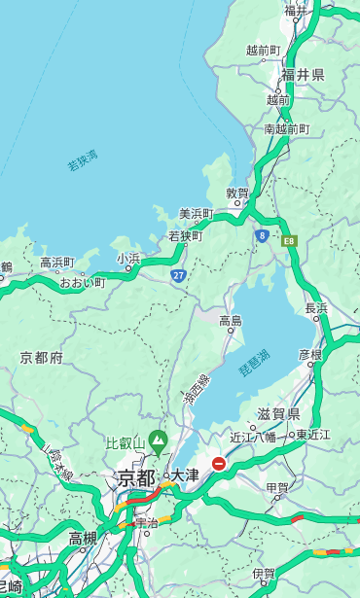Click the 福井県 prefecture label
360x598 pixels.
point(303,75)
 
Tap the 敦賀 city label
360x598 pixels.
point(238,193)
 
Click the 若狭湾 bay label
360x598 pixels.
point(83,160)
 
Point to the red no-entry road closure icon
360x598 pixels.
point(219,464)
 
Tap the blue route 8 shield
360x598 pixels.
point(262,235)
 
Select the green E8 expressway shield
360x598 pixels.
point(288,240)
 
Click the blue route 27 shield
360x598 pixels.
point(179,275)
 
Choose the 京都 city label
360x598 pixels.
point(136,477)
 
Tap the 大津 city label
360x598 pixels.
point(185,475)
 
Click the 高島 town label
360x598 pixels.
point(231,320)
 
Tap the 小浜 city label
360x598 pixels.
point(128,259)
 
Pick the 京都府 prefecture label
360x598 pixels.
point(42,358)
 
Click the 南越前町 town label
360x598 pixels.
point(286,128)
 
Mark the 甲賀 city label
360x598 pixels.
point(277,487)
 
